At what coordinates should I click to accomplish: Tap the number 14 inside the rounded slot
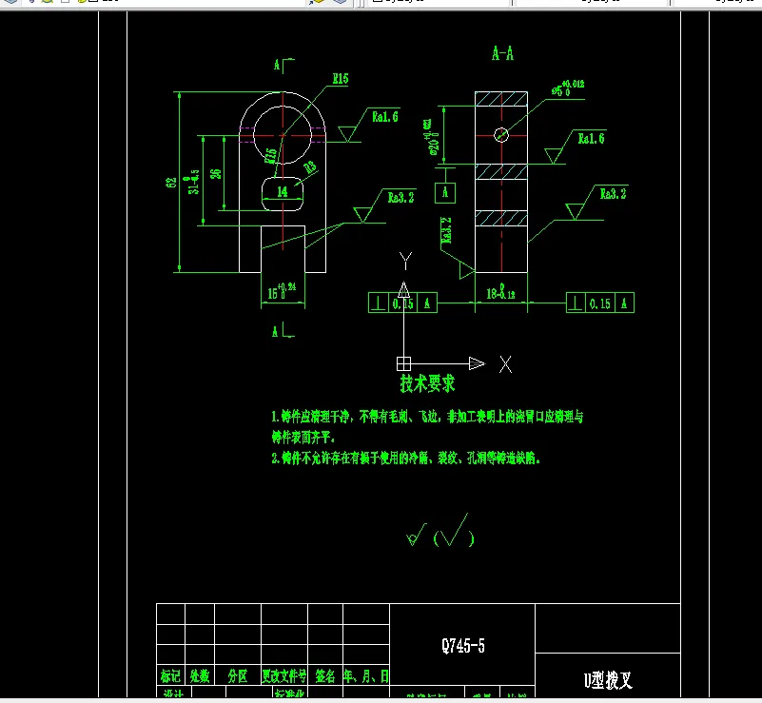coord(283,191)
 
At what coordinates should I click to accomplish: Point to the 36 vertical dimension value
coord(216,173)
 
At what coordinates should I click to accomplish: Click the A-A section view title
coord(502,54)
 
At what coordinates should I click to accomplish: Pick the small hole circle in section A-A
coord(501,134)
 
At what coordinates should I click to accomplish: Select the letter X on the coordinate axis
coord(506,363)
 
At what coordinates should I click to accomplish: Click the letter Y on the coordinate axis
coord(404,260)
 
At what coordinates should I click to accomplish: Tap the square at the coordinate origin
coord(403,362)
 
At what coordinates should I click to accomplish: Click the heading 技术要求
coord(427,383)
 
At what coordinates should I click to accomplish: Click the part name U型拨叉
coord(608,679)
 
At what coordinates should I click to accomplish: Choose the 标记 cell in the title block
coord(170,676)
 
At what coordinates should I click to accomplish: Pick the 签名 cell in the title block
coord(324,676)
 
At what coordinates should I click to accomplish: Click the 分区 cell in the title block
coord(237,676)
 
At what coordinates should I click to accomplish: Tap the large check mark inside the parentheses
coord(455,530)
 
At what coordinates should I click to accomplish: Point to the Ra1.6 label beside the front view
coord(385,117)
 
